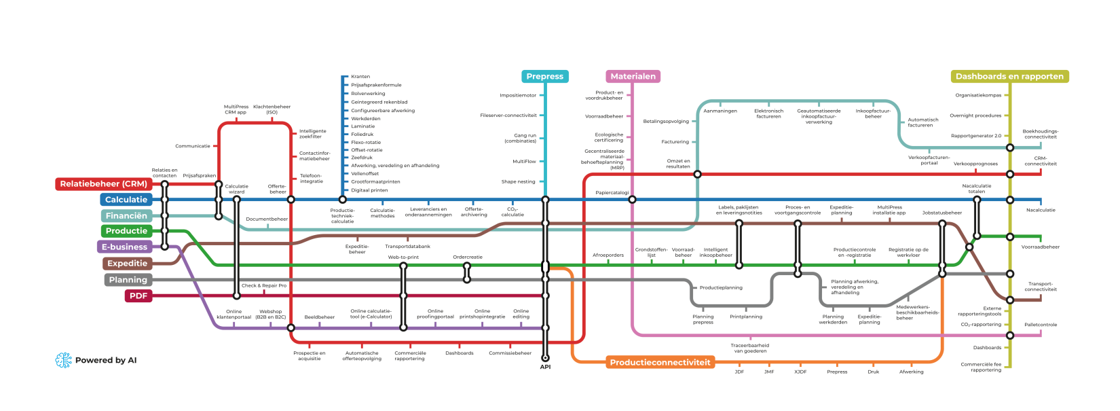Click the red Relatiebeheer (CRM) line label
(103, 184)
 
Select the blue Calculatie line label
(126, 200)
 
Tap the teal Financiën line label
(126, 216)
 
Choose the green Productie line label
(126, 231)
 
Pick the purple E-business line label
(124, 247)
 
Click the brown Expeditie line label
(128, 264)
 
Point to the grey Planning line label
(128, 280)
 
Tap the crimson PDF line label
(138, 296)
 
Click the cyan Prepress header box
(544, 77)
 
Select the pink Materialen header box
(633, 77)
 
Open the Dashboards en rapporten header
(1009, 77)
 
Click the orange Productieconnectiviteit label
(660, 363)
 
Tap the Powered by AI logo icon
(63, 360)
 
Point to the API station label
(545, 367)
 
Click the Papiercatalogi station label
(612, 193)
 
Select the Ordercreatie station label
(468, 257)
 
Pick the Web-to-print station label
(403, 257)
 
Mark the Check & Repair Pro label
(264, 286)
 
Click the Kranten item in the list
(360, 77)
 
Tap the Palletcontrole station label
(1041, 325)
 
